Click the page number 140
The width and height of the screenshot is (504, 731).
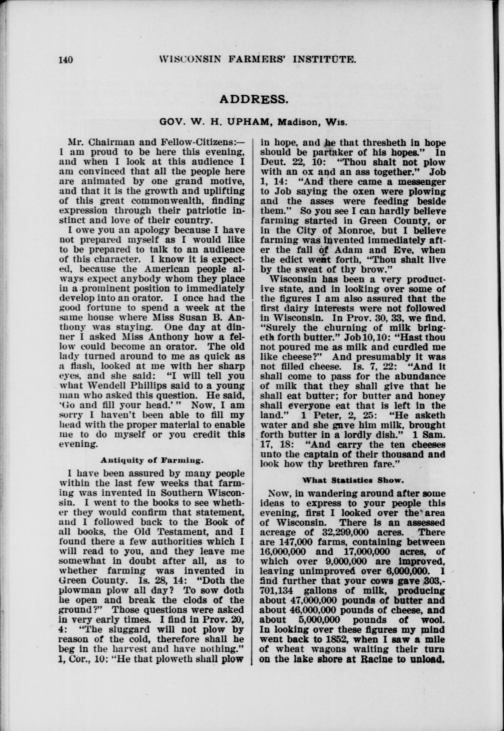[66, 60]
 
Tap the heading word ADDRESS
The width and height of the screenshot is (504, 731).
[253, 99]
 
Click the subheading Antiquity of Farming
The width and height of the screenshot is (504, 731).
[152, 460]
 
